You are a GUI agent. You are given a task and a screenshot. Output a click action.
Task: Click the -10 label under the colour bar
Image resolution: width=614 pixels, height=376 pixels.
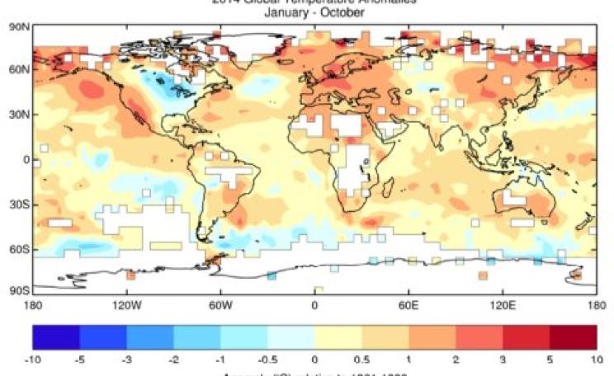pos(35,359)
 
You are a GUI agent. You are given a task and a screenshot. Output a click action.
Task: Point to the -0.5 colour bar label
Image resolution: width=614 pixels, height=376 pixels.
pos(268,359)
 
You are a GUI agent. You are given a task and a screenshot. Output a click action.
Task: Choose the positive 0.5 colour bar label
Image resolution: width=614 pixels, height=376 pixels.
pos(361,359)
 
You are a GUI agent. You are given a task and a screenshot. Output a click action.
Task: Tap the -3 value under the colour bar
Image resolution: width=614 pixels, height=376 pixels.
pos(127,359)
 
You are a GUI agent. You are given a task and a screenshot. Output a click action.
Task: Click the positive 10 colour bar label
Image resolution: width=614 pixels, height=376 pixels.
pos(596,359)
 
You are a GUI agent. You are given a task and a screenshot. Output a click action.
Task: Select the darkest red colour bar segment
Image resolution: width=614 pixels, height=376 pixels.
pos(572,336)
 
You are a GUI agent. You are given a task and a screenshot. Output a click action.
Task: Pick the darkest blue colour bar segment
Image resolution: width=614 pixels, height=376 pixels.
pos(56,336)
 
